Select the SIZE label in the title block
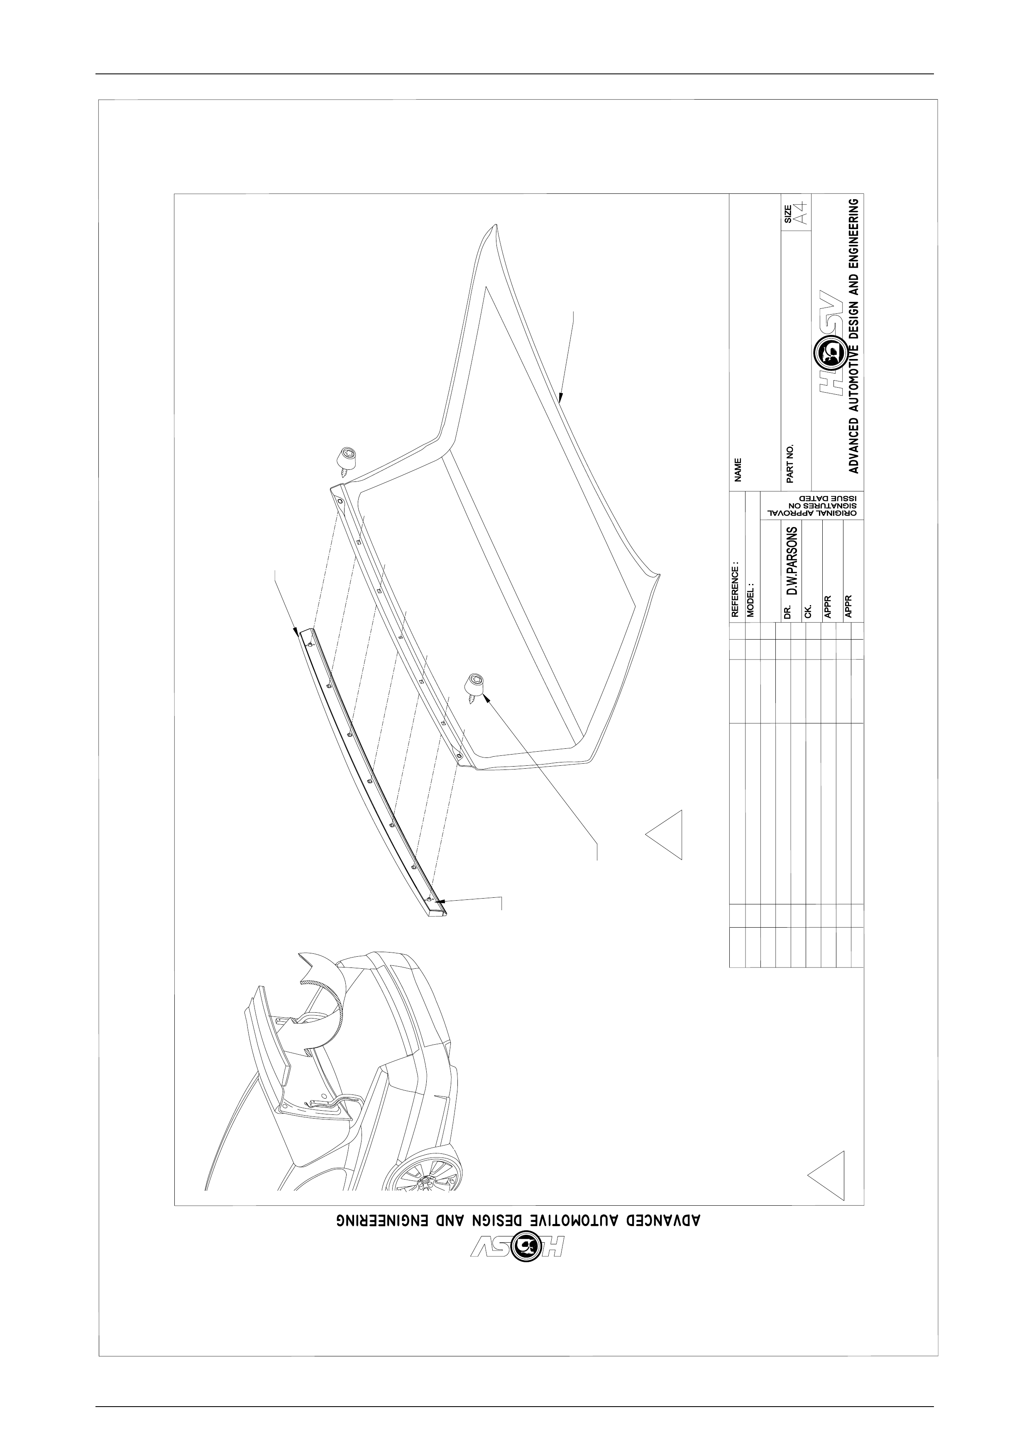(788, 214)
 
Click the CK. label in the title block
(808, 612)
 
